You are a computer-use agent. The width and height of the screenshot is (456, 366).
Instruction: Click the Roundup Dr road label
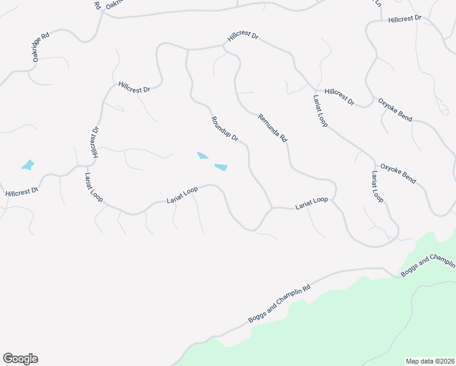[224, 129]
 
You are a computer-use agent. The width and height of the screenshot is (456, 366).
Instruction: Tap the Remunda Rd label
[272, 128]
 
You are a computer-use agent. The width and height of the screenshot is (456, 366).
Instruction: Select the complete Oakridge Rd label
[41, 47]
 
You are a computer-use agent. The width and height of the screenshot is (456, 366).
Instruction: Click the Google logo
[20, 359]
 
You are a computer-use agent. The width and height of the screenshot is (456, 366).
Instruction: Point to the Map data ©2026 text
[430, 361]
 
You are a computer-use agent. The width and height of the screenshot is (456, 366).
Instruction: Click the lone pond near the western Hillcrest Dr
[27, 165]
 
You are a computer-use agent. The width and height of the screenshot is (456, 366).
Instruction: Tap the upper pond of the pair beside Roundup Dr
[203, 156]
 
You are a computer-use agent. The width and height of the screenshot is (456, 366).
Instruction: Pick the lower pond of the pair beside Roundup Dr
[221, 167]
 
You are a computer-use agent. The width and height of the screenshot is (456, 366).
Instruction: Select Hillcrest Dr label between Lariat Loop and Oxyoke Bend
[340, 96]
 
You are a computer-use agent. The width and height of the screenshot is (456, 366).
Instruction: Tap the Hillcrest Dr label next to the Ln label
[405, 19]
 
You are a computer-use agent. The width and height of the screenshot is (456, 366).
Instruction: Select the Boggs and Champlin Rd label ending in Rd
[280, 304]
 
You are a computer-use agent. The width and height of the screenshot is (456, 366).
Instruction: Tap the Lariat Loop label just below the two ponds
[182, 195]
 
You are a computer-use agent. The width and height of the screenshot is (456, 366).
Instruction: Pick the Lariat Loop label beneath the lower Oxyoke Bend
[377, 187]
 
